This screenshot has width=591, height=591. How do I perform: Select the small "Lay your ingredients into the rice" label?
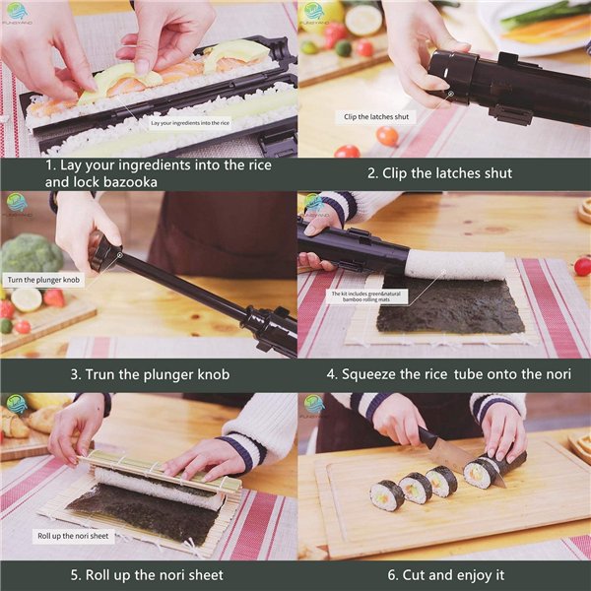click(x=190, y=123)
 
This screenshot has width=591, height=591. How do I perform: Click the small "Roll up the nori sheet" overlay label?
click(x=74, y=537)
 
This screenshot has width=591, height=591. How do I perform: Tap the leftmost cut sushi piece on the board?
click(x=387, y=494)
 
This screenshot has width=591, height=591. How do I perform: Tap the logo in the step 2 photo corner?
click(x=314, y=13)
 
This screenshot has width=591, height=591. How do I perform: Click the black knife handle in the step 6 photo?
click(x=427, y=437)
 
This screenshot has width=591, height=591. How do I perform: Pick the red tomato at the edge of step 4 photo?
click(x=582, y=266)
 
